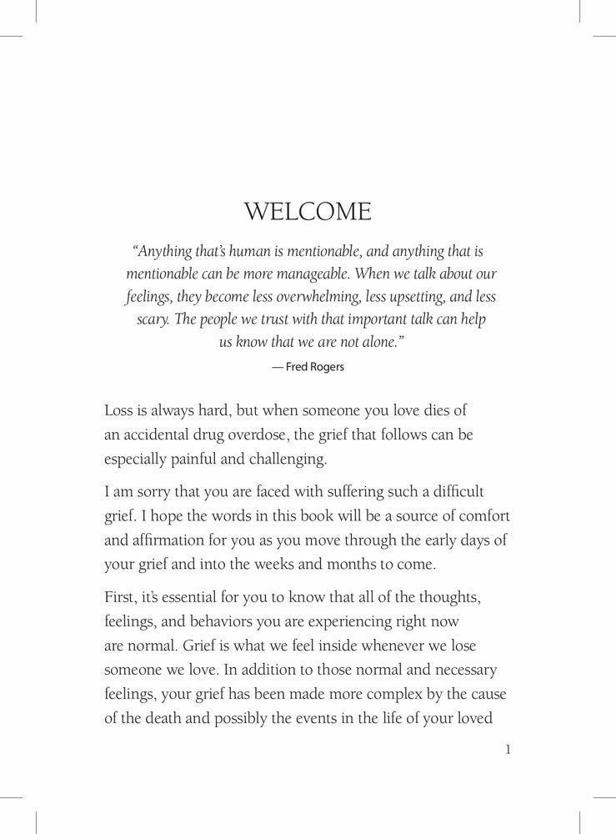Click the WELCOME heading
pyautogui.click(x=308, y=211)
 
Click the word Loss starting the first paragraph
pyautogui.click(x=120, y=412)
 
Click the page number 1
pyautogui.click(x=508, y=750)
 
